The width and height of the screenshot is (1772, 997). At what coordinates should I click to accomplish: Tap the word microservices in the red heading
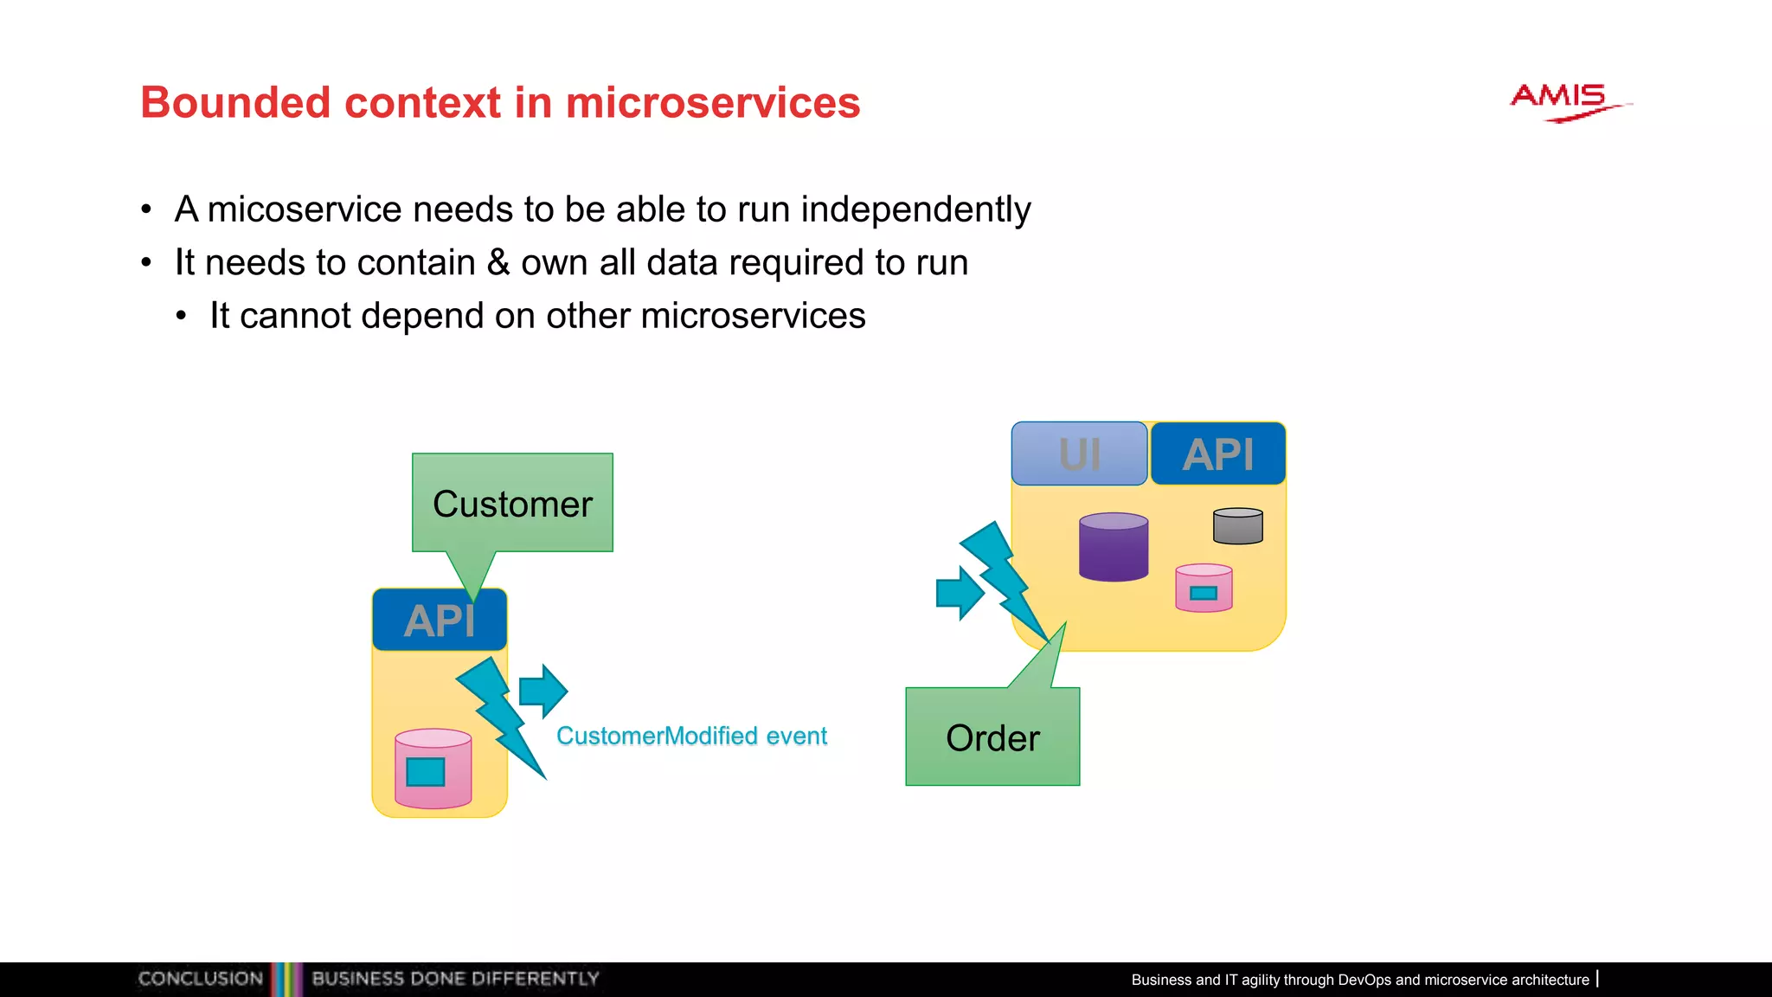click(712, 103)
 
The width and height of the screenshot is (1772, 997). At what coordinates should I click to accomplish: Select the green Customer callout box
click(512, 502)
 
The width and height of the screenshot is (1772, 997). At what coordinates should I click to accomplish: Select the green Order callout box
click(992, 737)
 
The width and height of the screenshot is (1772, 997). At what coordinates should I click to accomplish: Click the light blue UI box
click(1079, 453)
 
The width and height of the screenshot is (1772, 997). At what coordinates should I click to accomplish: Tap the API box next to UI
click(1217, 453)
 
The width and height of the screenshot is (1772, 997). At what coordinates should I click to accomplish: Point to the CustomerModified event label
click(691, 736)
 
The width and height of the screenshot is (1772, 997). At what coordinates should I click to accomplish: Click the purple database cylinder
click(1114, 547)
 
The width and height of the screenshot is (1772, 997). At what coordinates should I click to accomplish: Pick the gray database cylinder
click(1237, 526)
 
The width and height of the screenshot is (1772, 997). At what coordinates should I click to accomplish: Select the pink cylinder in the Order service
click(1204, 589)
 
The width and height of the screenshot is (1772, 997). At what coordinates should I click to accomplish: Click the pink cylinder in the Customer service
click(433, 769)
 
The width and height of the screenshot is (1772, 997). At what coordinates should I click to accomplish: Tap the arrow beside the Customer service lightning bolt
click(543, 691)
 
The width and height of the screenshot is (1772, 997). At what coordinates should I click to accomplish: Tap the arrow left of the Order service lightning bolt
click(960, 593)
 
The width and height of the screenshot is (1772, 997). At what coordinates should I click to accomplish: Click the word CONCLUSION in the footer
click(201, 979)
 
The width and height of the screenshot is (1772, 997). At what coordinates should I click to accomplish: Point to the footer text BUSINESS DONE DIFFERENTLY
click(455, 979)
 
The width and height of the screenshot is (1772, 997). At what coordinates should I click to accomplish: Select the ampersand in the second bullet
click(498, 262)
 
